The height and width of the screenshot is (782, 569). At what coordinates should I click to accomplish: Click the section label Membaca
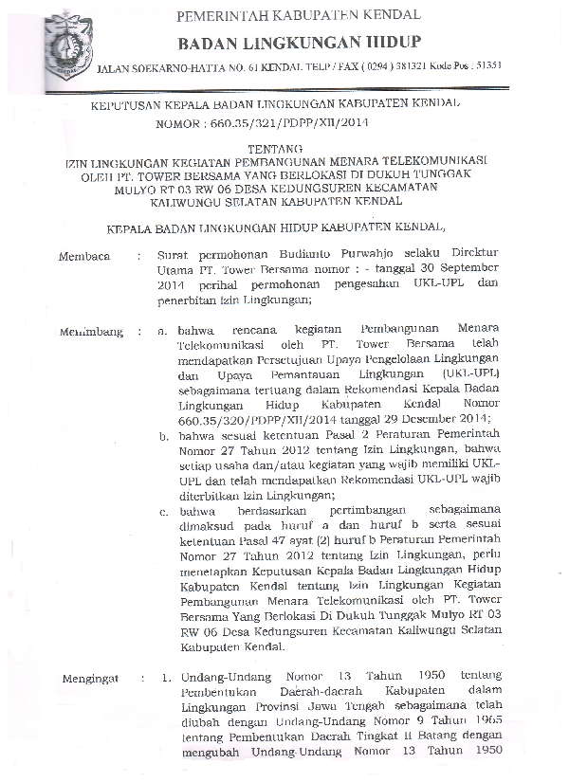(85, 255)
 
